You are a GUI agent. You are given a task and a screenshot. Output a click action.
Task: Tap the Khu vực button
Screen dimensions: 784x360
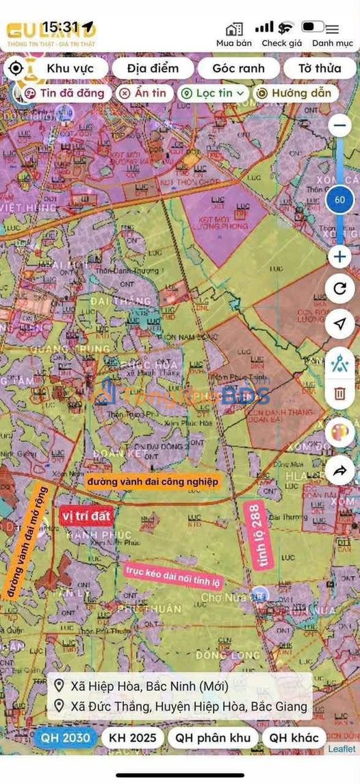click(69, 68)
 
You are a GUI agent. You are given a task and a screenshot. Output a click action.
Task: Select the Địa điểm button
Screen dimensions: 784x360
click(153, 68)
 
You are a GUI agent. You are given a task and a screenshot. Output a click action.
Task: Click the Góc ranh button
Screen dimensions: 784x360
click(238, 68)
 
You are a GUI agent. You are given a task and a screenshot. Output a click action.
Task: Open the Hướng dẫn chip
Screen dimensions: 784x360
click(295, 93)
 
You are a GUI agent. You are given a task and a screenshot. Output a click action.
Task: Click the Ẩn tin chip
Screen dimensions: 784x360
click(144, 93)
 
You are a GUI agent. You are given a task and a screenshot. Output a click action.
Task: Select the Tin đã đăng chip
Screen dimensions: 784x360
click(64, 93)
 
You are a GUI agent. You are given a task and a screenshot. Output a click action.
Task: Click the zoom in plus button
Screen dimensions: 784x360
click(340, 257)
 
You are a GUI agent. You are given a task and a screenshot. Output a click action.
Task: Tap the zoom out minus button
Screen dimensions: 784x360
click(340, 125)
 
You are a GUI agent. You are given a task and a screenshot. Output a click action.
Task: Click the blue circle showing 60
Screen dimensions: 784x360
click(340, 201)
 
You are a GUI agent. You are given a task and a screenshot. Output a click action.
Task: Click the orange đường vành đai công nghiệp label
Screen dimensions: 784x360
click(153, 481)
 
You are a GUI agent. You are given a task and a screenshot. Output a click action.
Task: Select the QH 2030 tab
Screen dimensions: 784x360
click(65, 737)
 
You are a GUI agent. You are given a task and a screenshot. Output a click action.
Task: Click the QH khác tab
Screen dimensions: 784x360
click(294, 737)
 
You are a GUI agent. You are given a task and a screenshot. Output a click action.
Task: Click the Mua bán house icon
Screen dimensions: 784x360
click(234, 29)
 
